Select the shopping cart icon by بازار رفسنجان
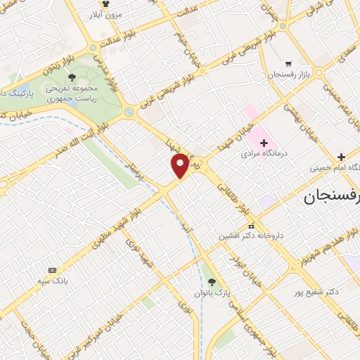click(x=288, y=62)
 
